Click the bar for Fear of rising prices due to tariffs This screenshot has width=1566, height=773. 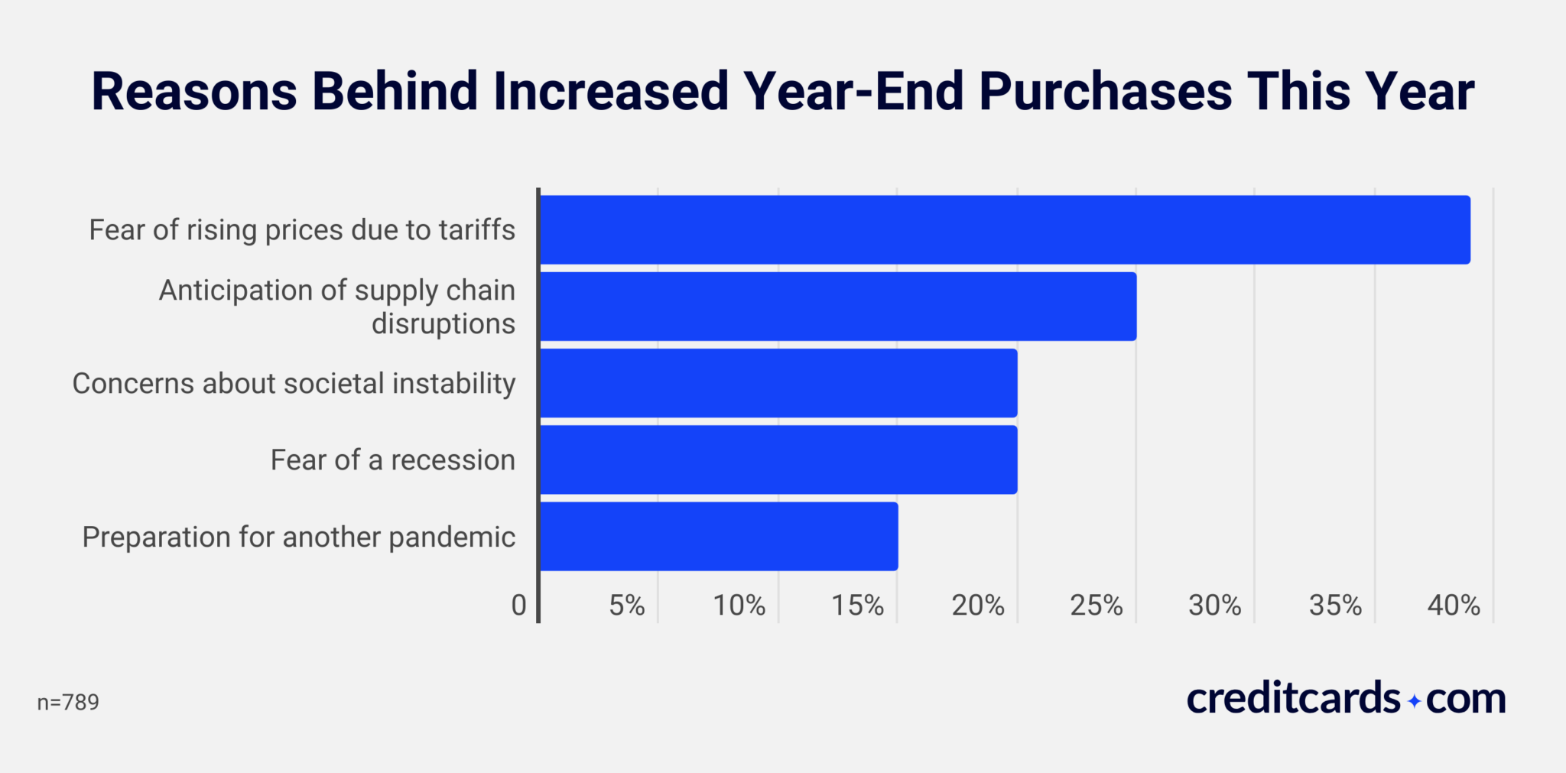[x=1004, y=230]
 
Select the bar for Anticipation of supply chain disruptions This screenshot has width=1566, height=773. [x=837, y=307]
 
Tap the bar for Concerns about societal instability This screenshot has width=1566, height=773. [x=778, y=383]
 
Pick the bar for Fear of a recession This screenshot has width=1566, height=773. [x=778, y=460]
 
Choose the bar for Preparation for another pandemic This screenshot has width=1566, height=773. [x=719, y=536]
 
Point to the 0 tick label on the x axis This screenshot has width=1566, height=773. [x=518, y=606]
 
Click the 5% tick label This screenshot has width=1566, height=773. [x=627, y=606]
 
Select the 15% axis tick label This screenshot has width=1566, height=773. [x=857, y=606]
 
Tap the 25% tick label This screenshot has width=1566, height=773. [x=1096, y=606]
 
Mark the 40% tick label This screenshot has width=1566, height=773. [x=1453, y=606]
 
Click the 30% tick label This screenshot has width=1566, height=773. [x=1214, y=606]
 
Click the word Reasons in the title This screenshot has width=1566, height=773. [x=193, y=92]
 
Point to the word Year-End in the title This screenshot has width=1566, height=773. [x=853, y=92]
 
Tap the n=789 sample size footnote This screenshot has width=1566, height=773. [x=68, y=702]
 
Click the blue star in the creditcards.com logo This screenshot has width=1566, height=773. [x=1414, y=701]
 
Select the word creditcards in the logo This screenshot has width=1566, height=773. [x=1293, y=699]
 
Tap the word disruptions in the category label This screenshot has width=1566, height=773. [x=443, y=324]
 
